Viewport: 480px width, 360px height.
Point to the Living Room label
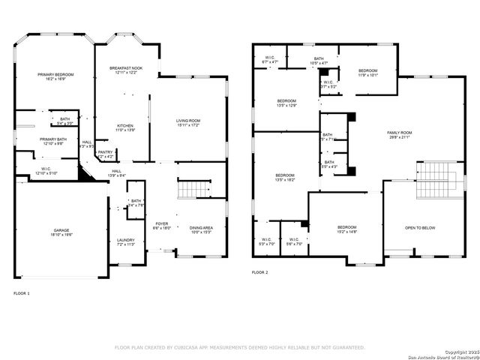click(x=188, y=122)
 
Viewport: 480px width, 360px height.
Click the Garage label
click(x=62, y=231)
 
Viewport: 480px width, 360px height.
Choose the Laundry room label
click(x=124, y=241)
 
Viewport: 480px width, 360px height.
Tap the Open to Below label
click(x=420, y=228)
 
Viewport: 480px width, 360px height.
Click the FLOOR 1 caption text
click(x=22, y=292)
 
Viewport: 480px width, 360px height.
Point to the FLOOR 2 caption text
click(x=259, y=272)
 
